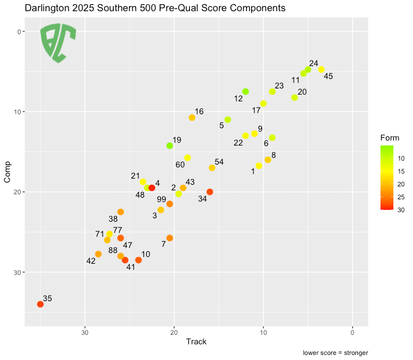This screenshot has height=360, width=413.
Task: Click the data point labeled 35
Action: pos(40,304)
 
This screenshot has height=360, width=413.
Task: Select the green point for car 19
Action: pos(170,146)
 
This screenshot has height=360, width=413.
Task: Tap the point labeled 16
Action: pos(192,118)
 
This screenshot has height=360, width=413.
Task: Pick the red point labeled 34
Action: pos(210,192)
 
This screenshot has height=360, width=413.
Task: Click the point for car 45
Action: pos(321,69)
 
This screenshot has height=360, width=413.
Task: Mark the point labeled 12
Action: pos(245,91)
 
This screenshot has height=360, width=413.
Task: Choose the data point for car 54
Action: pos(212,167)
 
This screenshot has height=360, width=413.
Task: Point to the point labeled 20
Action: pos(295,97)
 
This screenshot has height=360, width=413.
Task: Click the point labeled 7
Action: pos(170,238)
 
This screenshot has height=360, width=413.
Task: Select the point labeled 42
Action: pos(99,254)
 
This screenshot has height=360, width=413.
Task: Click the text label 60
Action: pos(180,165)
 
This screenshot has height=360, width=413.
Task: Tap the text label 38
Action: pos(113,219)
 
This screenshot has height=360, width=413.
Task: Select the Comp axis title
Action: pos(8,175)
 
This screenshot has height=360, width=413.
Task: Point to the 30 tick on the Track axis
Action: pos(85,331)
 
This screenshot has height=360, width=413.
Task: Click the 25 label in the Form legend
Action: pos(402,197)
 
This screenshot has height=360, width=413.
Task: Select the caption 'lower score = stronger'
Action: pos(335,353)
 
